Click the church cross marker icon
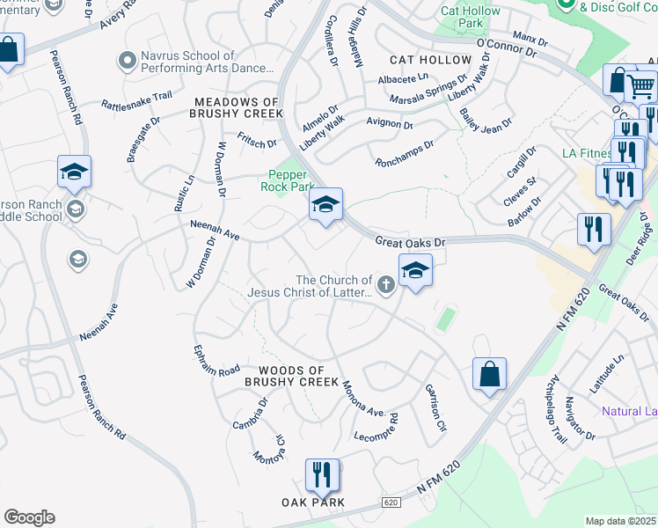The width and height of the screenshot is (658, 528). click(385, 284)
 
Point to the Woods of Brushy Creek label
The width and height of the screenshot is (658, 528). click(291, 377)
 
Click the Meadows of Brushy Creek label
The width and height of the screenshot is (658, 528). click(238, 108)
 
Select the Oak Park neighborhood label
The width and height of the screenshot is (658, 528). click(313, 502)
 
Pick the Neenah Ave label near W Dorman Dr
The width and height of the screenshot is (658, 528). click(216, 231)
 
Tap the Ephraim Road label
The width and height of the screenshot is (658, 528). click(216, 361)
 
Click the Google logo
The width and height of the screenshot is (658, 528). click(29, 517)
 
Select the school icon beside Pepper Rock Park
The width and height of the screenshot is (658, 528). click(325, 206)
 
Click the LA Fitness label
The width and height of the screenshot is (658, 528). click(587, 153)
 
